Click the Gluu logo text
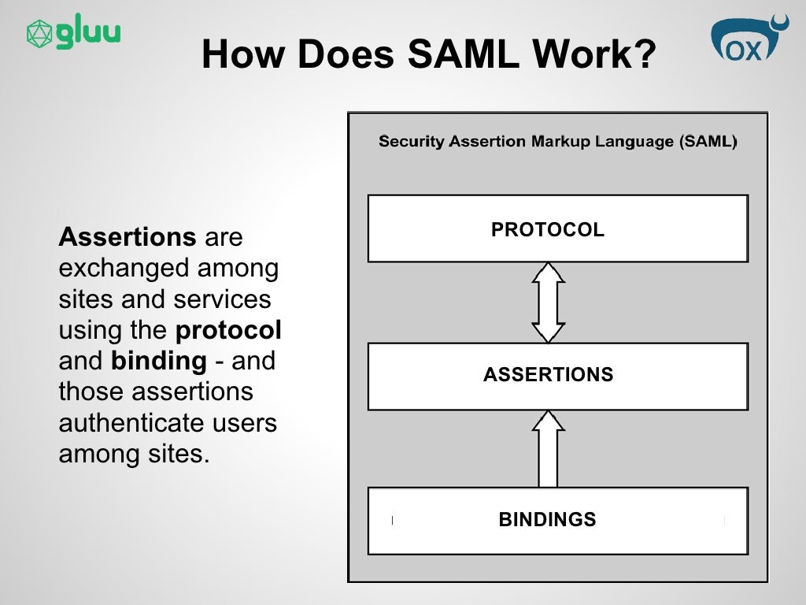click(88, 34)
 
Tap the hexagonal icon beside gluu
click(39, 34)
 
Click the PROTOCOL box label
click(548, 229)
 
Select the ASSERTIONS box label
click(548, 375)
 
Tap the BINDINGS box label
click(547, 520)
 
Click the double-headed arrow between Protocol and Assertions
click(548, 302)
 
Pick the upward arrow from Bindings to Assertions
click(548, 448)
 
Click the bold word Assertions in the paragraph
click(128, 236)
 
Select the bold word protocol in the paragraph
click(228, 329)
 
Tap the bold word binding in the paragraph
click(158, 361)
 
